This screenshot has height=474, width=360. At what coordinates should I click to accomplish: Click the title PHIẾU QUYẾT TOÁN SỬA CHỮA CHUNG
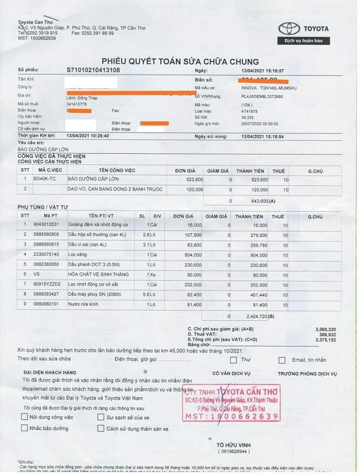coord(180,61)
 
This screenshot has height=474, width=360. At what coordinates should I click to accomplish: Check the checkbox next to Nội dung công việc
coord(24,416)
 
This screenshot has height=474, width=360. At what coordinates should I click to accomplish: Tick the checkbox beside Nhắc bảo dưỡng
coord(24,428)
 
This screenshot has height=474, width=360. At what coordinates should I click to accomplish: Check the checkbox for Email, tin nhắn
coord(282,360)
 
